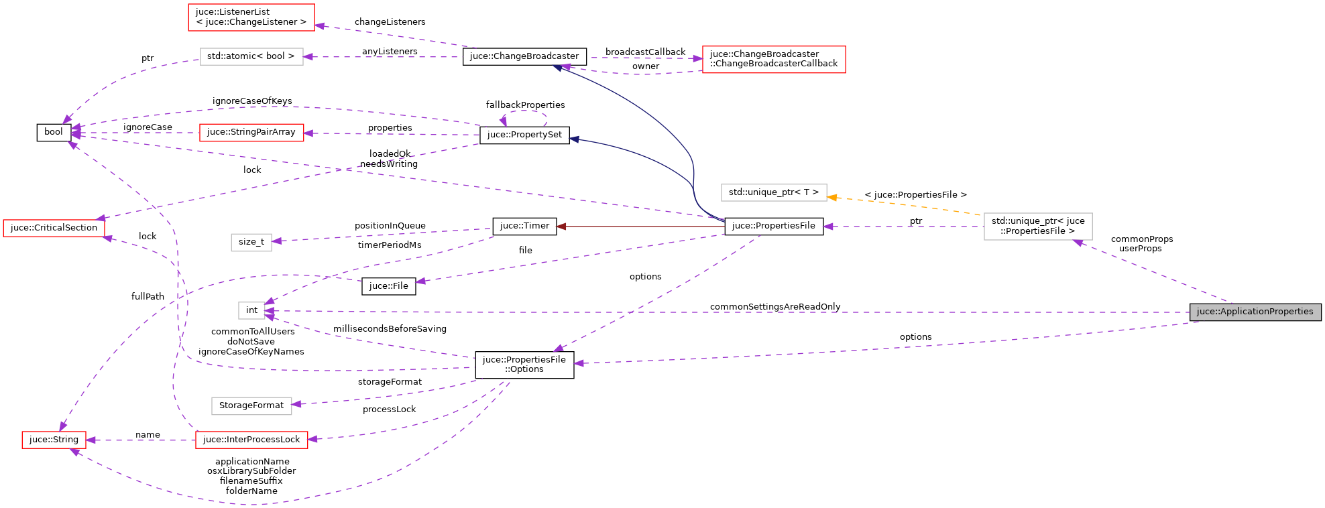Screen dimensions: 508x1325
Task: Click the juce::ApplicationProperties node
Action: click(x=1255, y=312)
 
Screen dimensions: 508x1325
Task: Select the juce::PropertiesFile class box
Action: click(x=773, y=226)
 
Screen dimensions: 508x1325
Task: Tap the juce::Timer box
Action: click(x=524, y=226)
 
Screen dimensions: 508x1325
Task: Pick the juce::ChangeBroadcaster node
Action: click(x=524, y=56)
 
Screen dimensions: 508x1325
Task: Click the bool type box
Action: click(x=54, y=132)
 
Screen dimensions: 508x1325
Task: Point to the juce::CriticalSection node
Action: click(x=54, y=228)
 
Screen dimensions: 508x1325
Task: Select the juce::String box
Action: click(x=54, y=440)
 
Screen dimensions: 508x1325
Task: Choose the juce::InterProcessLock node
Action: click(x=251, y=440)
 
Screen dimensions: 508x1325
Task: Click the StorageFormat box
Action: click(x=251, y=405)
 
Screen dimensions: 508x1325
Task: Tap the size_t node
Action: click(x=251, y=242)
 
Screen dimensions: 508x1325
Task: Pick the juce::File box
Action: click(x=388, y=286)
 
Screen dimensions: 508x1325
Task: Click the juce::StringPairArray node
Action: click(x=251, y=132)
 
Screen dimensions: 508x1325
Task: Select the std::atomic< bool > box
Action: click(x=251, y=56)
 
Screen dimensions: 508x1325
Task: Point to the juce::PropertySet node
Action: click(x=524, y=135)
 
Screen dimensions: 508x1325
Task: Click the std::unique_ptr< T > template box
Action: click(x=773, y=192)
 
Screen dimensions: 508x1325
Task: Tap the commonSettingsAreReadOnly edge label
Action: click(x=774, y=307)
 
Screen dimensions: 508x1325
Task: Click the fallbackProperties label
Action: click(x=525, y=105)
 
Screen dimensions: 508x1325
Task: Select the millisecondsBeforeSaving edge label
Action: click(x=390, y=329)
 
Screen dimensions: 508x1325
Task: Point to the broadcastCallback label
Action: click(x=645, y=52)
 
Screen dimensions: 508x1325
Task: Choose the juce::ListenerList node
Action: click(x=251, y=17)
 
